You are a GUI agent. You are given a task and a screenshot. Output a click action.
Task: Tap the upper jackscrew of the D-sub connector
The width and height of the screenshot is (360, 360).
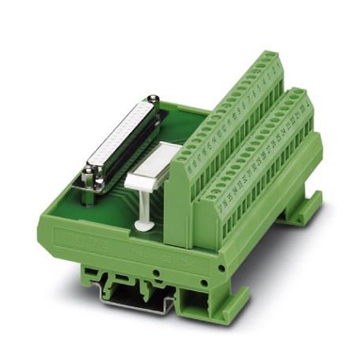[155, 100]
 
